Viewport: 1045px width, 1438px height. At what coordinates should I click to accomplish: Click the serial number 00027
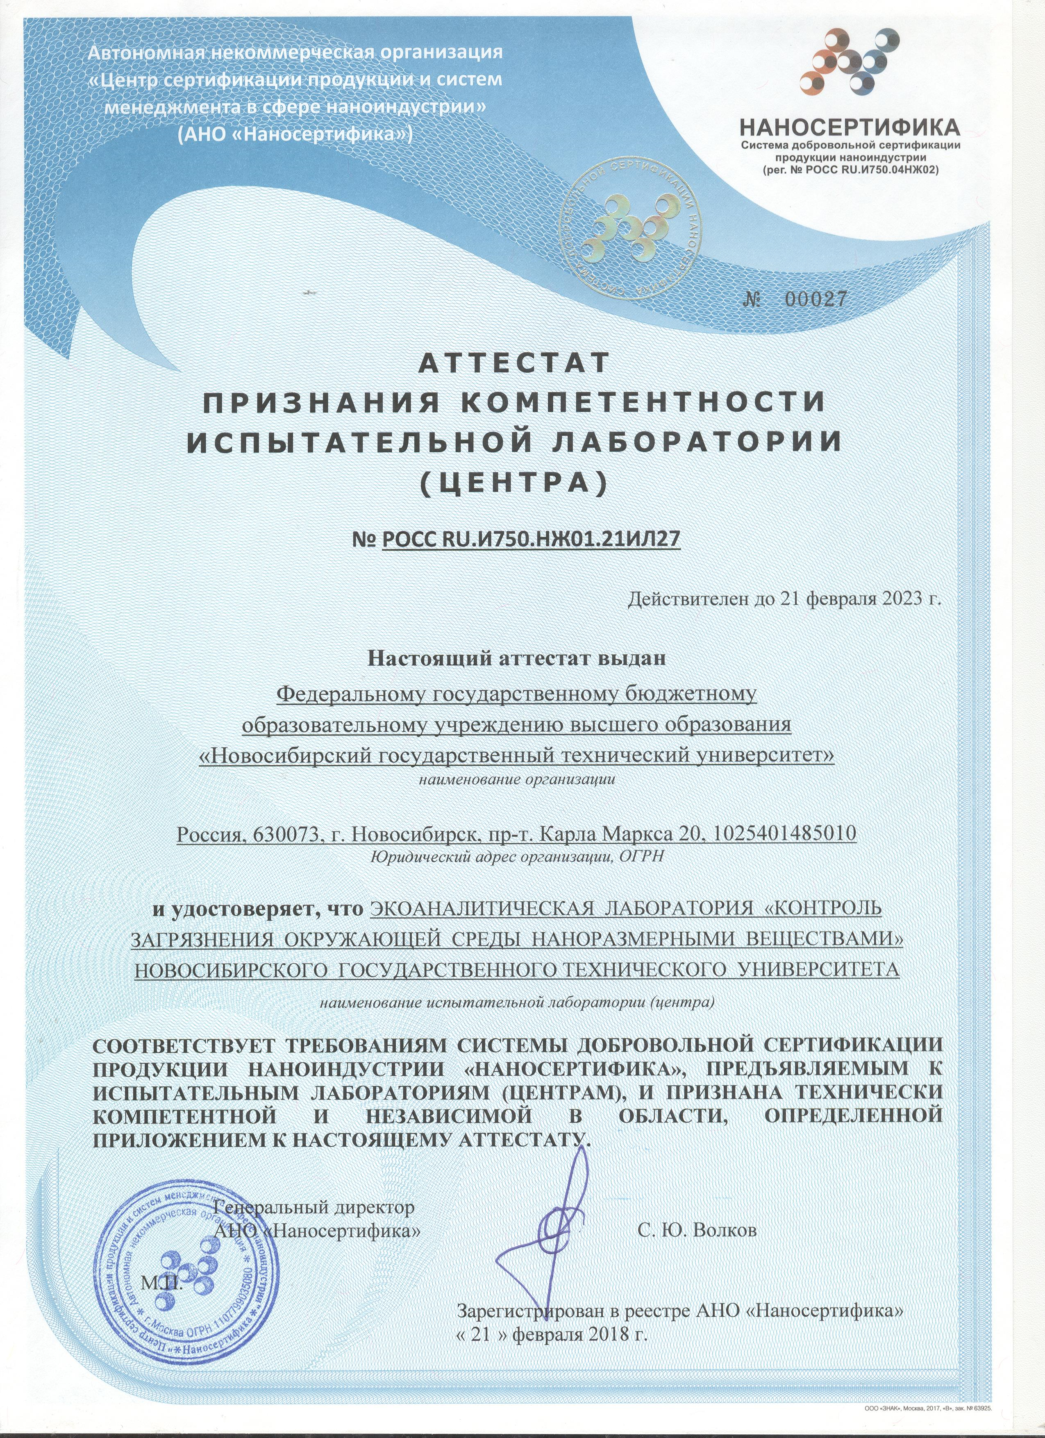[816, 299]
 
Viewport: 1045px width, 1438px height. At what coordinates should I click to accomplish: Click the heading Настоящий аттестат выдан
[518, 658]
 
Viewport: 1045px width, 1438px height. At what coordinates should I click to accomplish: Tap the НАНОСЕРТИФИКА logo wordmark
[849, 129]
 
